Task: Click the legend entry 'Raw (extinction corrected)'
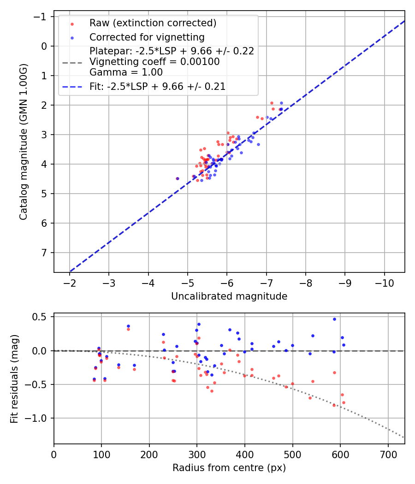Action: [x=153, y=23]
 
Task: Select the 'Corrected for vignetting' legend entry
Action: [x=147, y=37]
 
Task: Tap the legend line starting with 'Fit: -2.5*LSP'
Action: [x=157, y=86]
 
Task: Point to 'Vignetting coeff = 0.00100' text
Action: [x=154, y=62]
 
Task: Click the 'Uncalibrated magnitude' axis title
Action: [x=229, y=296]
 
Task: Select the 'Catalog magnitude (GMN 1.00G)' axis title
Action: [x=24, y=142]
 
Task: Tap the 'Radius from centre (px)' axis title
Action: [x=229, y=468]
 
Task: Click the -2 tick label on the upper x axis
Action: [x=70, y=283]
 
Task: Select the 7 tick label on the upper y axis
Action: [x=45, y=253]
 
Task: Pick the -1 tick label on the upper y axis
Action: [x=42, y=17]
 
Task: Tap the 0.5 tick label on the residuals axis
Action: [x=41, y=317]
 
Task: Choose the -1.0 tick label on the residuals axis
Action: [x=39, y=418]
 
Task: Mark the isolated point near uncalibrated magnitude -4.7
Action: [x=178, y=178]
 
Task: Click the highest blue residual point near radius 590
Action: [x=334, y=319]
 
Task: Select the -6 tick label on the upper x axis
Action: [x=227, y=283]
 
